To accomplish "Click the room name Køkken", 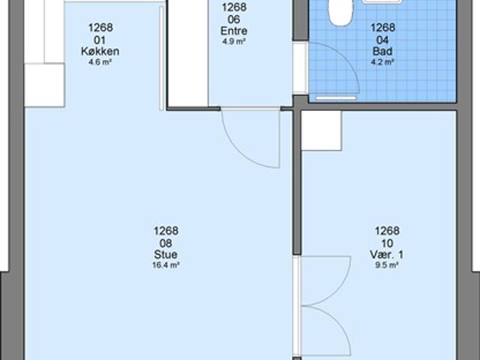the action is coord(100,51).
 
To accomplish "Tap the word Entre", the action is coord(234,31).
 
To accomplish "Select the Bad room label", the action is coord(382,51).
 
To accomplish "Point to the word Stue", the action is coord(166,254).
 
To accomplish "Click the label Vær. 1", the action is coord(387,254).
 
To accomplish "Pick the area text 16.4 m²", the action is coord(166,265).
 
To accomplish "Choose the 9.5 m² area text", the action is coord(387,265).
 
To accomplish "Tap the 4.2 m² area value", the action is coord(382,62).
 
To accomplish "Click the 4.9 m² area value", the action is coord(234,42).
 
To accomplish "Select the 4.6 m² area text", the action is coord(100,62).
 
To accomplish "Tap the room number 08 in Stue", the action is coord(166,243).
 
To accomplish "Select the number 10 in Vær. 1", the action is coord(387,243).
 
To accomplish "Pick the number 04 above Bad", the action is coord(382,40).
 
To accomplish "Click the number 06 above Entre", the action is coord(234,19).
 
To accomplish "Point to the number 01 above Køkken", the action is coord(100,40).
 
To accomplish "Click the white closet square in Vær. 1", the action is coord(322,130).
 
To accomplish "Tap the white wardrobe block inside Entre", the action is coord(188,53).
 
